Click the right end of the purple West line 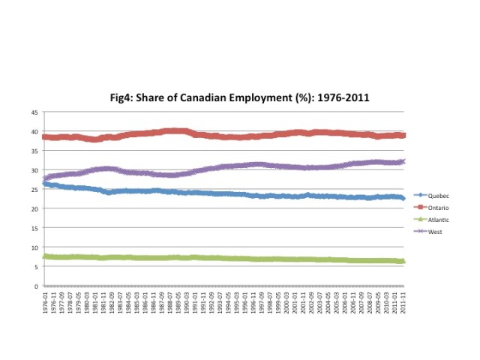403,161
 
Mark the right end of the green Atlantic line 403,261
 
